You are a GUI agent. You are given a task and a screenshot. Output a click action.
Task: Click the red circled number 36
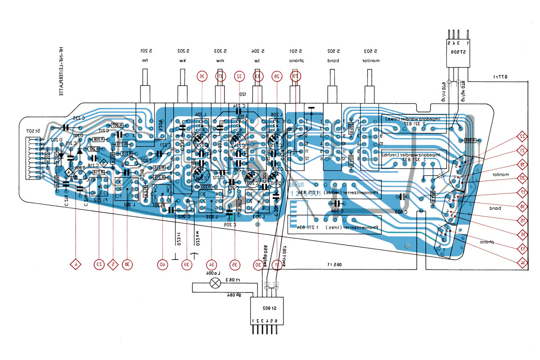202,77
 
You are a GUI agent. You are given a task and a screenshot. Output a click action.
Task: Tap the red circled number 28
276,77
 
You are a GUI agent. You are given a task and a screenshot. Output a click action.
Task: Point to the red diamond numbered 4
76,264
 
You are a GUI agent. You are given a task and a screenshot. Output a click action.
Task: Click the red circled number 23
99,264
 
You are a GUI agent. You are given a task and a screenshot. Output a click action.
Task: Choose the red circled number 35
234,264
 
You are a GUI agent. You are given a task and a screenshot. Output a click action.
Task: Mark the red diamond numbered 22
522,136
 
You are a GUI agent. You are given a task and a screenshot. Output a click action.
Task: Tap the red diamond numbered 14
522,262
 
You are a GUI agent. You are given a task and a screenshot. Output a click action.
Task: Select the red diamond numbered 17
522,193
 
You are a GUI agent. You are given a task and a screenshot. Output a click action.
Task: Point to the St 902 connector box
268,311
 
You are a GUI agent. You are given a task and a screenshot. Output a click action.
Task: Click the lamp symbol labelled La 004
216,283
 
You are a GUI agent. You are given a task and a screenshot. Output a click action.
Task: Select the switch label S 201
145,50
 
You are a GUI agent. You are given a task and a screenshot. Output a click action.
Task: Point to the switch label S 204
257,50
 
